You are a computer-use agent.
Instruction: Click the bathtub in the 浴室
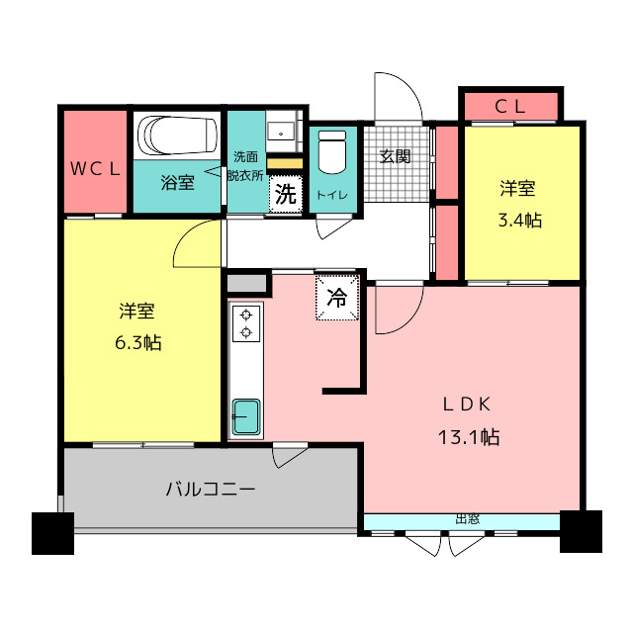[178, 136]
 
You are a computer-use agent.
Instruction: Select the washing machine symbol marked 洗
[285, 194]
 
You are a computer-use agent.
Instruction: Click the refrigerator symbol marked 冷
[337, 298]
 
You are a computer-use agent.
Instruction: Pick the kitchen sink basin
[244, 416]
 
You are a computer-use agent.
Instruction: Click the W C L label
[95, 168]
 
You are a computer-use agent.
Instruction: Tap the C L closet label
[510, 105]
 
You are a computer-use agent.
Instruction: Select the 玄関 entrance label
[395, 155]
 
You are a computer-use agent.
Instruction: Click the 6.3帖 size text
[138, 343]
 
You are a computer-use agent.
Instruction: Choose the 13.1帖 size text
[470, 436]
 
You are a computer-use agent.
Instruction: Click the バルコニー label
[210, 488]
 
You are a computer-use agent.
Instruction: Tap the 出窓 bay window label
[467, 518]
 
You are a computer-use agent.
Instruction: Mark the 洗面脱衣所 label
[245, 166]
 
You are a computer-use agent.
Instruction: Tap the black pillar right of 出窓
[581, 531]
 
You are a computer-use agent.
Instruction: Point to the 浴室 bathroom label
[178, 182]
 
